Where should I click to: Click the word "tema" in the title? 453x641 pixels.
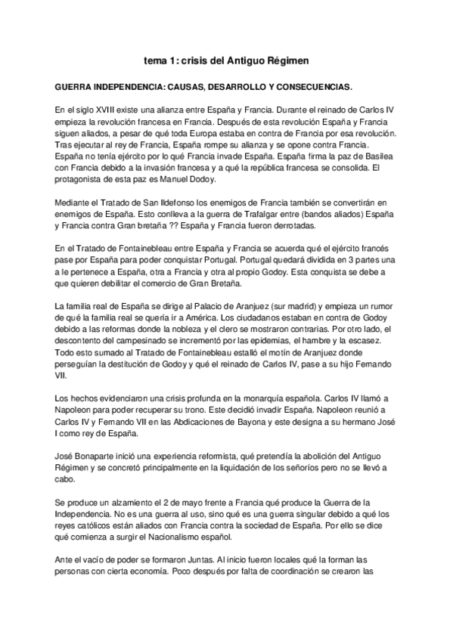157,59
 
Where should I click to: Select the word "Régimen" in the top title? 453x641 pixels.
287,59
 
